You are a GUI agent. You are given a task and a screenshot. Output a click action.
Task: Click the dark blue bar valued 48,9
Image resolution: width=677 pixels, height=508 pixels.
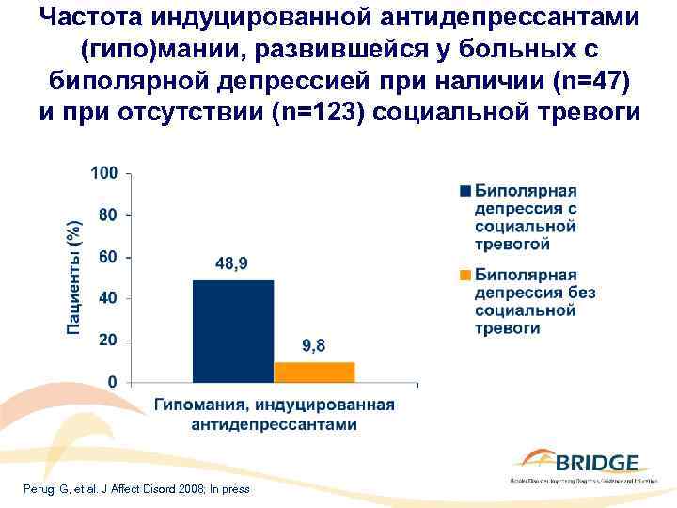coord(233,331)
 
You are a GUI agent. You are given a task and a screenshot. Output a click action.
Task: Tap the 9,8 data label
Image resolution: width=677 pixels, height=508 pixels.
coord(314,346)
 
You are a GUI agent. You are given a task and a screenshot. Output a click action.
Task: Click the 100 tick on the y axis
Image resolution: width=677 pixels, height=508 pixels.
coord(104,173)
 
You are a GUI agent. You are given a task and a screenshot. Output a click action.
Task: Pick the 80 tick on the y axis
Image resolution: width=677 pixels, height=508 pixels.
coord(108,214)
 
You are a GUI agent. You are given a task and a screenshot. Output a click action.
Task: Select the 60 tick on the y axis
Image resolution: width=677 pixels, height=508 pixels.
coord(108,257)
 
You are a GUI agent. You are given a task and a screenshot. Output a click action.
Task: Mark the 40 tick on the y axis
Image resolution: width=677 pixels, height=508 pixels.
coord(108,298)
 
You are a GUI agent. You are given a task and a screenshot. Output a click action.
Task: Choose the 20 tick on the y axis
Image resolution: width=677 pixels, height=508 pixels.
coord(108,341)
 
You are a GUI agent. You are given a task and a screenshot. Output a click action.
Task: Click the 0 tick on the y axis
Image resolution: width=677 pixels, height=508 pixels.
coord(112,382)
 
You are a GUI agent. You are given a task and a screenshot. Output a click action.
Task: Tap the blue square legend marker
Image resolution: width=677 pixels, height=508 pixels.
coord(464,192)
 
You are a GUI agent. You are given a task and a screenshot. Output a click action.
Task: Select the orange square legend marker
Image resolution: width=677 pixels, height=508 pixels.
coord(464,276)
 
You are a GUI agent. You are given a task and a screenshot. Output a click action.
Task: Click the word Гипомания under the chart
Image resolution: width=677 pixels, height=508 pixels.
coord(195,405)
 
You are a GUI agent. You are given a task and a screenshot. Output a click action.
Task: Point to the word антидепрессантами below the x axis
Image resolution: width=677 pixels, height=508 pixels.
coord(274,424)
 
